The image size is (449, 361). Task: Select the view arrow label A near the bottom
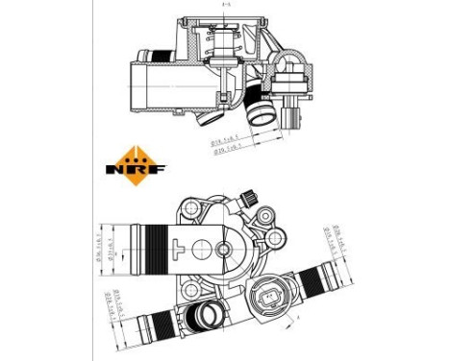tap(297, 315)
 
